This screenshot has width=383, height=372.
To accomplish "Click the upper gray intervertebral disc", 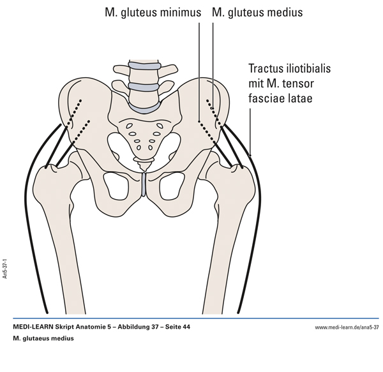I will [x=144, y=66].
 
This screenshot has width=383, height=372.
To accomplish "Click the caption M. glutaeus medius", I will [x=43, y=338].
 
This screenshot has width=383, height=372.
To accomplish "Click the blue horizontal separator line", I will [x=191, y=318].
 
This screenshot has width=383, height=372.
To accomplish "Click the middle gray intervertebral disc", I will [x=144, y=86].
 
